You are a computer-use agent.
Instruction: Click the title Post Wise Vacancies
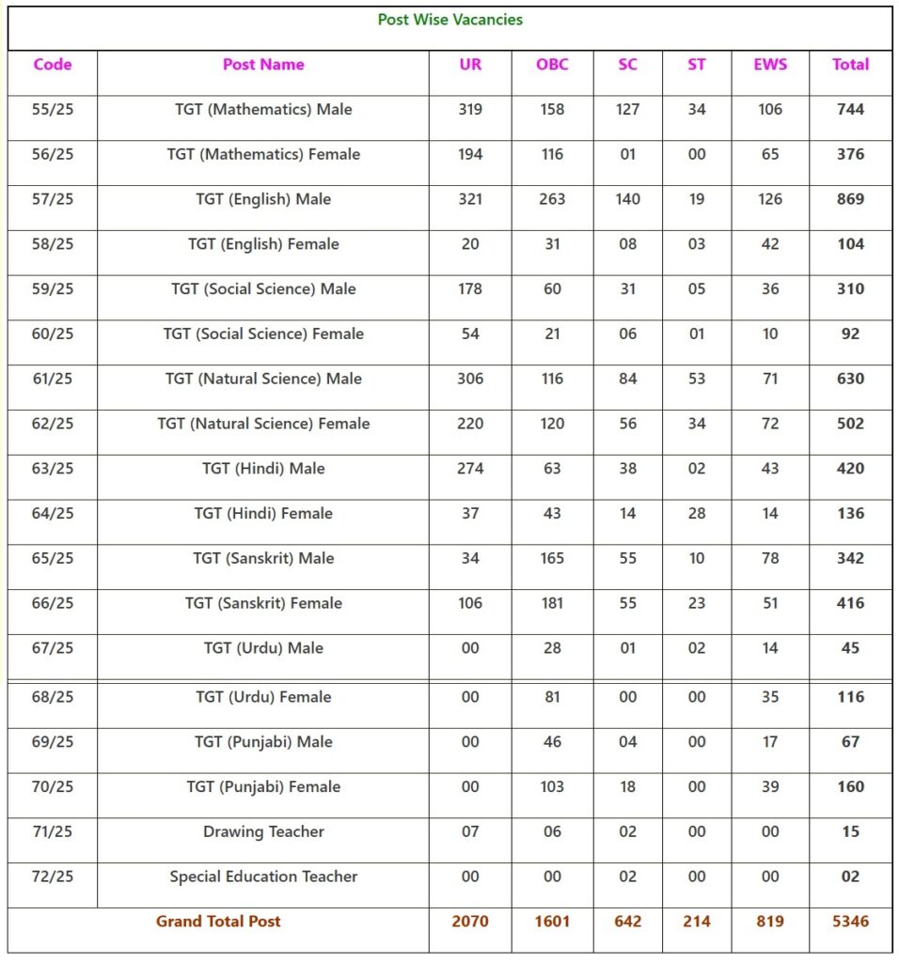tap(449, 19)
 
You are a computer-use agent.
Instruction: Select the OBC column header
tap(552, 65)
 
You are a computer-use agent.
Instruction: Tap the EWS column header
tap(770, 65)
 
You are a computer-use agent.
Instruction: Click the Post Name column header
tap(263, 65)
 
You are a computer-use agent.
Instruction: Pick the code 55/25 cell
tap(53, 109)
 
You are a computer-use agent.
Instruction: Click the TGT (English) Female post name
tap(263, 244)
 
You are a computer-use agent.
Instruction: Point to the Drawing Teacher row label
tap(263, 831)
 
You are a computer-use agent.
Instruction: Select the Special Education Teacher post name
tap(263, 877)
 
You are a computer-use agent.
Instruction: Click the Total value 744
tap(850, 109)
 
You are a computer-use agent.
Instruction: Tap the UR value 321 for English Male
tap(470, 199)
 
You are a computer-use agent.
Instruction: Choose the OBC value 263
tap(552, 199)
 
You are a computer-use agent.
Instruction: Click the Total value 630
tap(850, 379)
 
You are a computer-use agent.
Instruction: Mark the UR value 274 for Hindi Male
tap(470, 469)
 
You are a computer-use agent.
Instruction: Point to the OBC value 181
tap(552, 603)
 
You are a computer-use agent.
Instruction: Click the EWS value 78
tap(770, 558)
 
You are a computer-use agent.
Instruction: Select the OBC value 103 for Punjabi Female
tap(552, 786)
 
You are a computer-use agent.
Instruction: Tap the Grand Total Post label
tap(218, 922)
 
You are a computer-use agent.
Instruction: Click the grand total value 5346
tap(850, 922)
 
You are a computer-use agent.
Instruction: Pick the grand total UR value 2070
tap(470, 922)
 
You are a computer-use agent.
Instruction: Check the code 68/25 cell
tap(53, 697)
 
